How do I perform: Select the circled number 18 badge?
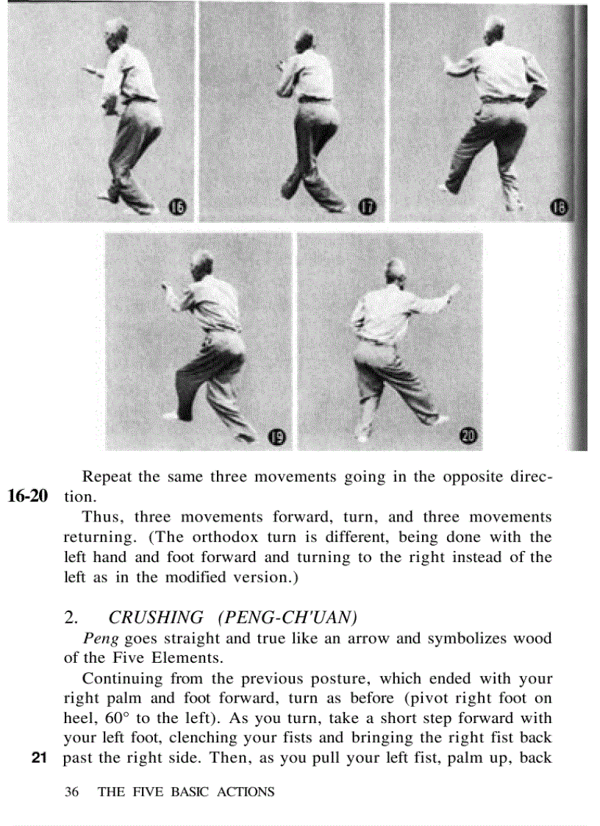(x=560, y=209)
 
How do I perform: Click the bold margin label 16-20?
(x=28, y=496)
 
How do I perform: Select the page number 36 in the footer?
(x=71, y=792)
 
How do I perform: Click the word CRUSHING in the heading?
(x=156, y=617)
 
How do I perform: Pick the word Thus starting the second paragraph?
(x=100, y=517)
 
